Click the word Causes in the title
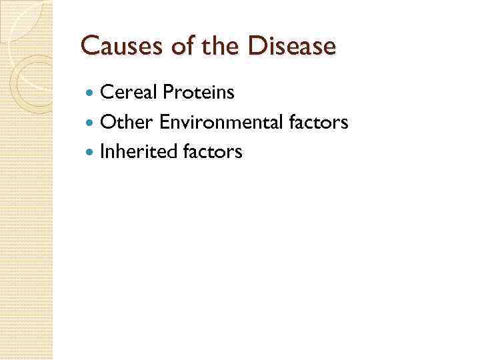[114, 47]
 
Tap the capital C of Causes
[88, 47]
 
